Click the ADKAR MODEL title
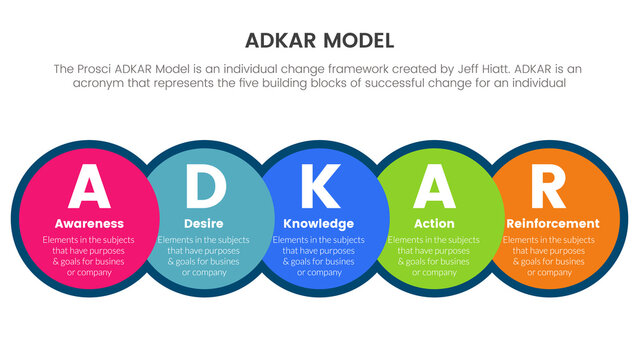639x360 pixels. pos(319,41)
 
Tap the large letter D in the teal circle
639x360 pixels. pos(204,186)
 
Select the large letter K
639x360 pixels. pos(319,186)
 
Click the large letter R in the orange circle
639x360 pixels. pos(549,186)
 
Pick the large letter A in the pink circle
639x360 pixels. pos(89,186)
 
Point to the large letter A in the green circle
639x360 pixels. pos(434,186)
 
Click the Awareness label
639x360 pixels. pos(90,223)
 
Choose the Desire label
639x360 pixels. pos(204,223)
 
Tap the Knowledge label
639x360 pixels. pos(319,223)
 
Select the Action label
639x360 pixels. pos(434,223)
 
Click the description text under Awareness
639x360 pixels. pos(90,256)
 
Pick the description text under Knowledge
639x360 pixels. pos(319,256)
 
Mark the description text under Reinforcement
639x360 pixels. pos(549,256)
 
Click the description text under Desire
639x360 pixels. pos(204,256)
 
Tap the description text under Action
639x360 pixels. pos(434,256)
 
